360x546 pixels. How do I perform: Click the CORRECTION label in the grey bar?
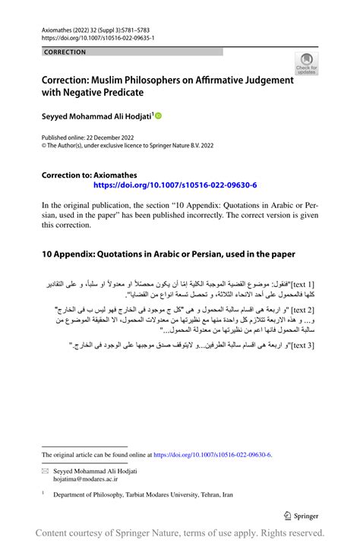(x=65, y=52)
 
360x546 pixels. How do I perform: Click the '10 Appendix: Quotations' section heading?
(x=168, y=253)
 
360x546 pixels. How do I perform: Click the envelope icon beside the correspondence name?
(x=45, y=472)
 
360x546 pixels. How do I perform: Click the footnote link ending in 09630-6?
(x=212, y=455)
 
